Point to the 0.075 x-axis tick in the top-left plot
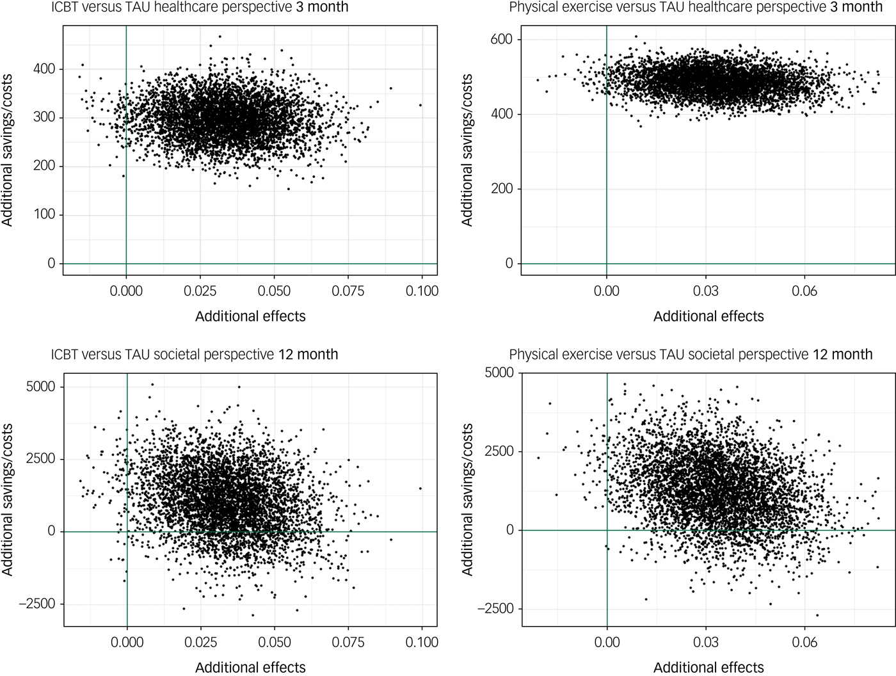348,291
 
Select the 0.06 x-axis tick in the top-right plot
804,291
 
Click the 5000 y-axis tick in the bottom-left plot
40,387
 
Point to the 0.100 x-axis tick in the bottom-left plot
422,642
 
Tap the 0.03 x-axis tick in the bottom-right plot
706,642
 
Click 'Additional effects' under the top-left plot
250,316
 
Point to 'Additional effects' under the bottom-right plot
708,668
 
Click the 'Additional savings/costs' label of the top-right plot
467,150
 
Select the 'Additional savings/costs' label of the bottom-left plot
8,499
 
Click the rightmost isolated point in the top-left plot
420,105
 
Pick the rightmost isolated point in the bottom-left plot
420,488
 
